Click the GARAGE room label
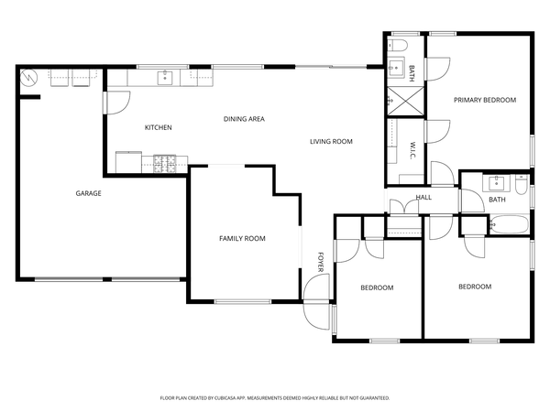88,193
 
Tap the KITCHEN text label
158,127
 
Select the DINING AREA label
245,119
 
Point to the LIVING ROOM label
331,141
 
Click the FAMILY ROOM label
242,238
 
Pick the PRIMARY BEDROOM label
485,100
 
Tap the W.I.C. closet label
413,151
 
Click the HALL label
423,197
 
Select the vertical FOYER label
321,261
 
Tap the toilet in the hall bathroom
521,188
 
